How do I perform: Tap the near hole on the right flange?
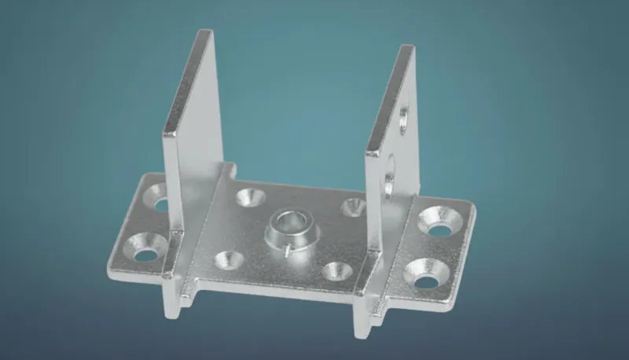pyautogui.click(x=425, y=276)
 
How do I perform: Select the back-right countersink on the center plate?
pyautogui.click(x=353, y=208)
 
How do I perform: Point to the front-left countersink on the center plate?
pyautogui.click(x=227, y=259)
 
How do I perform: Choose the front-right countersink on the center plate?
pyautogui.click(x=338, y=272)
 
